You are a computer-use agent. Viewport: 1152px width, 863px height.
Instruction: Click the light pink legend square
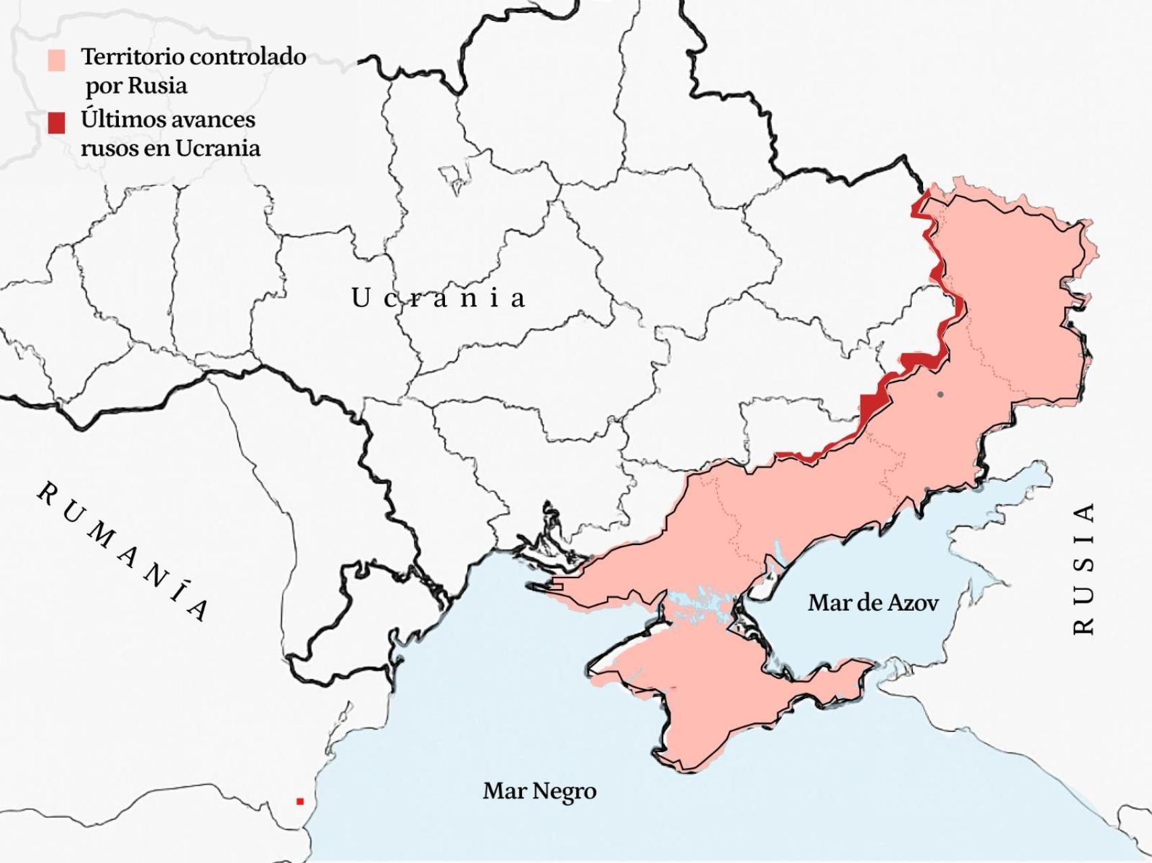coord(57,60)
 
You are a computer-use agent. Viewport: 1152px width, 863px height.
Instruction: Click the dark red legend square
coord(57,123)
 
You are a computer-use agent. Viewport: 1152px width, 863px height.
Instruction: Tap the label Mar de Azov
coord(872,602)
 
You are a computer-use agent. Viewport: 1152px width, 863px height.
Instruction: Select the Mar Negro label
coord(540,790)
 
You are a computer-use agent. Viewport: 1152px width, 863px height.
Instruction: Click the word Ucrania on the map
coord(438,298)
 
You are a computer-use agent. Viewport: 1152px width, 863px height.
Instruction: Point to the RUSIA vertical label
coord(1083,568)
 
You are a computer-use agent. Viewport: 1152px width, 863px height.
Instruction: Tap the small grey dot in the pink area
coord(940,394)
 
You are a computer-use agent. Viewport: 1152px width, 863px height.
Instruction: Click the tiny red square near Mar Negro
coord(300,802)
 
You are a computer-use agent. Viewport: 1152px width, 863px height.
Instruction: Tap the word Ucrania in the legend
coord(217,148)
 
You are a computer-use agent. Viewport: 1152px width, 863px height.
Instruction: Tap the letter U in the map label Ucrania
coord(360,298)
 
